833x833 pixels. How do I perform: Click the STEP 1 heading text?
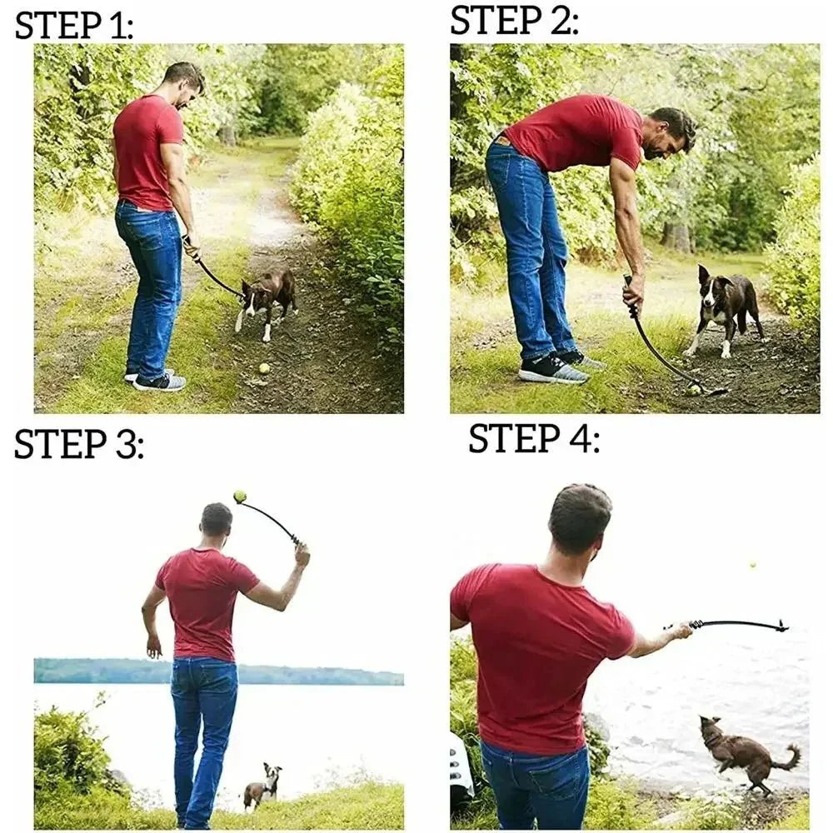74,25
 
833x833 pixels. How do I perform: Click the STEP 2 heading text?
514,20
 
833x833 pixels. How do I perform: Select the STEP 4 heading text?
533,438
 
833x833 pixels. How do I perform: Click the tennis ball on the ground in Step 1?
264,367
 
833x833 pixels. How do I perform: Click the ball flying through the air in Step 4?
753,565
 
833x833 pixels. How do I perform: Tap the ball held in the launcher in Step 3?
240,496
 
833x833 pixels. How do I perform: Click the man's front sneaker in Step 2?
552,368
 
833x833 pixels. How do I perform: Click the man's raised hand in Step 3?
301,555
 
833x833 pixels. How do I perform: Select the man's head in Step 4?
580,520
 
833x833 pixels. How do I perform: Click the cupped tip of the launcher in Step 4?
781,626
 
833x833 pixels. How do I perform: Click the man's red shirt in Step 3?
204,600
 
